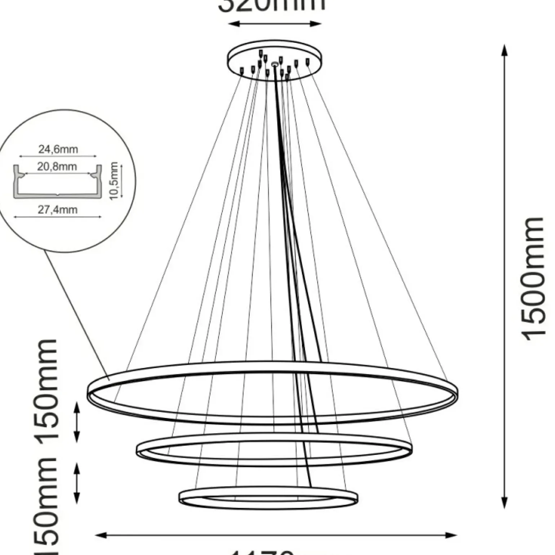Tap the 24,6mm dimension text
pos(58,149)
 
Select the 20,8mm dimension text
pos(57,166)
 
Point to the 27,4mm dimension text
pos(58,209)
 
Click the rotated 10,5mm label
pos(114,181)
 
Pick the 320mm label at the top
pos(272,5)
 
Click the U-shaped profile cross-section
pos(58,182)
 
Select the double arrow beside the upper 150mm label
pos(76,422)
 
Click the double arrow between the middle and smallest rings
pos(76,483)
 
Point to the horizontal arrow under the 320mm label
pos(275,24)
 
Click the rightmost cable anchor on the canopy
pos(307,62)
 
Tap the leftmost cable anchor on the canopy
pos(242,71)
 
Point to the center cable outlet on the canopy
pos(275,64)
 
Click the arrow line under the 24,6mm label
pos(58,156)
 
